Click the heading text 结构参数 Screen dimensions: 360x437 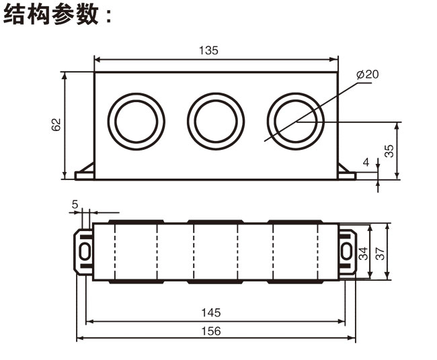pos(57,15)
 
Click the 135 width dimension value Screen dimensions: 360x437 pos(209,50)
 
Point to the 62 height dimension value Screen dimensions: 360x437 pos(56,124)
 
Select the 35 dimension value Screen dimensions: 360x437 pos(389,150)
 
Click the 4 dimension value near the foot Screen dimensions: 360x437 pos(366,163)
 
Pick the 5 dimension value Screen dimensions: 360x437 pos(75,204)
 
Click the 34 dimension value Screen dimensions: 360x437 pos(364,253)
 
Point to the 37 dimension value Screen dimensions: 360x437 pos(380,253)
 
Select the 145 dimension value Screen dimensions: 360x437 pos(210,313)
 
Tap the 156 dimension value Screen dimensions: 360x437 pos(210,331)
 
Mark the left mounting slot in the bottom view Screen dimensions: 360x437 pos(85,251)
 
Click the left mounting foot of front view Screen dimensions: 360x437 pos(85,173)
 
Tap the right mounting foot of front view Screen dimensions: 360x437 pos(346,173)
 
